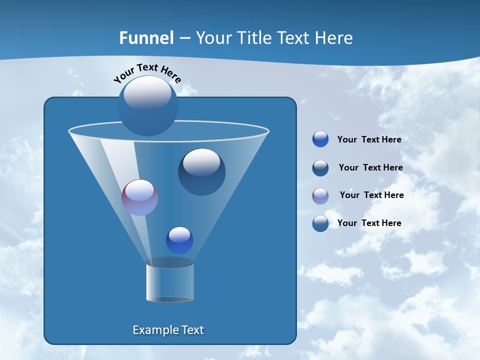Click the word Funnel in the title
(146, 38)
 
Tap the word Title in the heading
(253, 38)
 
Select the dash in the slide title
(184, 38)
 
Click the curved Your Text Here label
(147, 72)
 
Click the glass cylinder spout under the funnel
(170, 281)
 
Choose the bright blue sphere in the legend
(320, 139)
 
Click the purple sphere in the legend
(320, 195)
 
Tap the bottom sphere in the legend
(320, 223)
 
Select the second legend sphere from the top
(320, 167)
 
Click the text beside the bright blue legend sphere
(369, 139)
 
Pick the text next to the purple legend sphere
(371, 195)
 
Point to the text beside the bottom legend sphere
(369, 223)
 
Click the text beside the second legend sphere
(370, 167)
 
